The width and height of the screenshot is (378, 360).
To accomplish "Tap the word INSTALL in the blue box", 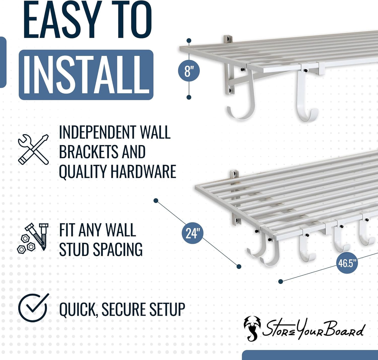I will click(x=86, y=75).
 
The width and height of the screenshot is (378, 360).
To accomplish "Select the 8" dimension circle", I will click(x=189, y=71).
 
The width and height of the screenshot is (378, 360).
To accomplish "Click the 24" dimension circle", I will click(x=193, y=233).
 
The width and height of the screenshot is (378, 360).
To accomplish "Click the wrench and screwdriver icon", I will click(x=33, y=149).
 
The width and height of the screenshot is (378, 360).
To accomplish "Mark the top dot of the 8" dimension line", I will click(x=189, y=40).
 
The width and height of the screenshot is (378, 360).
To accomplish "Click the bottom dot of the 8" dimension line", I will click(x=189, y=97).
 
